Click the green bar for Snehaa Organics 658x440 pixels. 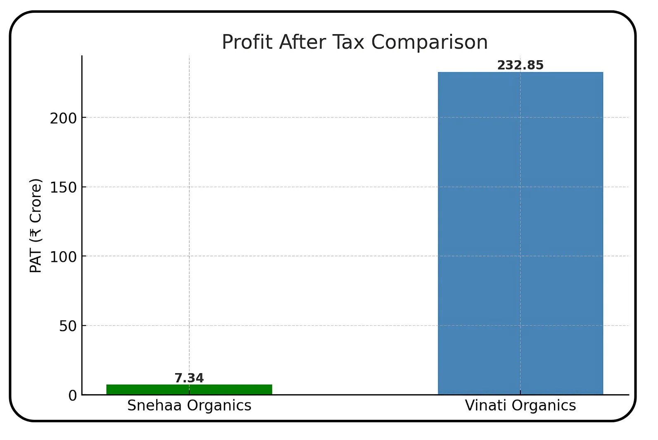[189, 390]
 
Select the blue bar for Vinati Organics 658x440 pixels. [520, 233]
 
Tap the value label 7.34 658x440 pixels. [189, 378]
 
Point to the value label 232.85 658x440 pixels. [520, 66]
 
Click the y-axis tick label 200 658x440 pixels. [64, 118]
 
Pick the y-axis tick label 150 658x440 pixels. [64, 188]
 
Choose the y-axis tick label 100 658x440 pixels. [64, 257]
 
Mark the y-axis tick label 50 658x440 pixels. [68, 326]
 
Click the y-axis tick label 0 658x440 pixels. [73, 396]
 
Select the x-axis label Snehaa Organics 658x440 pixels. [189, 406]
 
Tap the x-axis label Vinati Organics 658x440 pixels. [520, 406]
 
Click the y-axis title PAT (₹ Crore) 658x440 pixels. [36, 226]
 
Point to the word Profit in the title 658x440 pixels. [247, 42]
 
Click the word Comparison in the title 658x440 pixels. [429, 42]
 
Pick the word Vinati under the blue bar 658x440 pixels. [486, 406]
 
